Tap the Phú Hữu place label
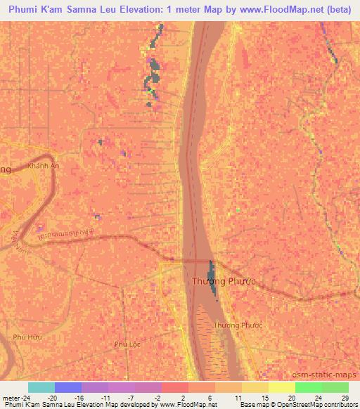pos(33,337)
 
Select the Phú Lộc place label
pos(127,344)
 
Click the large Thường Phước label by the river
pos(223,281)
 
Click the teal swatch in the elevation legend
pos(41,387)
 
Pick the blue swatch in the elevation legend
pos(67,387)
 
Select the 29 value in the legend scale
pos(344,397)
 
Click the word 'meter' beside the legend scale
pos(11,397)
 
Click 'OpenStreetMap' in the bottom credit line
pos(328,405)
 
